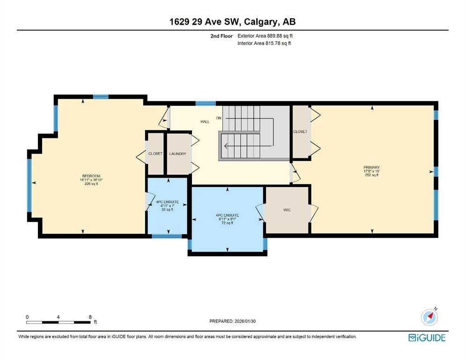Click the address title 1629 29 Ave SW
click(x=232, y=22)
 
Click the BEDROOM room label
click(x=91, y=176)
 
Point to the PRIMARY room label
click(x=371, y=167)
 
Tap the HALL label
click(x=205, y=122)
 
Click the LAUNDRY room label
click(x=178, y=154)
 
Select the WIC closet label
click(x=287, y=210)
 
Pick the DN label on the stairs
click(x=219, y=118)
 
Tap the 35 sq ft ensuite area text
click(x=167, y=210)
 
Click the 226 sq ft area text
click(x=91, y=184)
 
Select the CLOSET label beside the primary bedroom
click(x=301, y=132)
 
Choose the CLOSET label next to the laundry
click(x=155, y=154)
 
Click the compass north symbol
click(x=429, y=317)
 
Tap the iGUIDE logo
click(x=427, y=337)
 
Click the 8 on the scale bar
click(x=89, y=317)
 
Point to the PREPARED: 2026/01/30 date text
click(x=232, y=321)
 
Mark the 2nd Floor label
click(x=222, y=36)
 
